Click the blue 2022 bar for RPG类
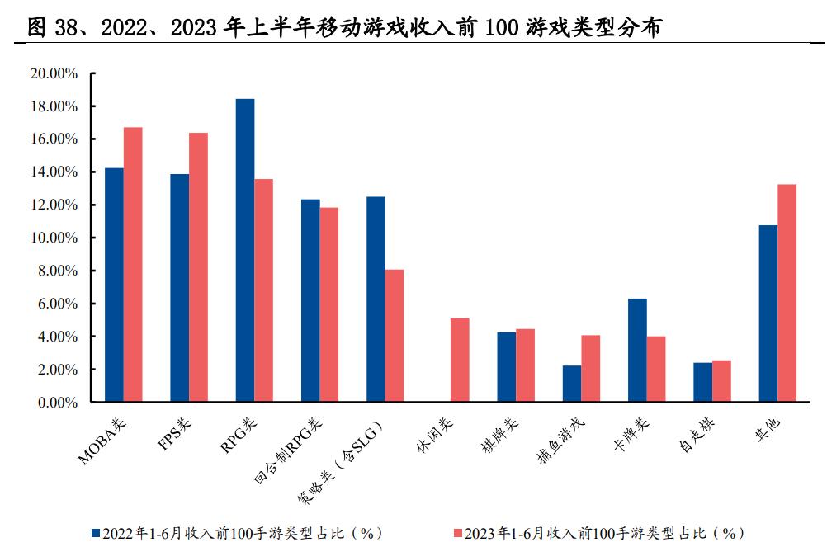point(244,251)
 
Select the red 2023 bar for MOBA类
point(133,265)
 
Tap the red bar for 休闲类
point(460,361)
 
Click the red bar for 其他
point(787,294)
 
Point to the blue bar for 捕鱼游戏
point(572,384)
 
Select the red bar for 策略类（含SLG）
point(395,336)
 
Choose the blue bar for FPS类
point(179,288)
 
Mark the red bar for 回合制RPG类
point(329,305)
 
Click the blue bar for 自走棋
point(702,383)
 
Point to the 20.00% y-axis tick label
point(53,73)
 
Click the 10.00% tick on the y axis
point(53,238)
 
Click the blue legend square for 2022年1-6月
point(95,533)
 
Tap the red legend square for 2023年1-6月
point(458,533)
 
